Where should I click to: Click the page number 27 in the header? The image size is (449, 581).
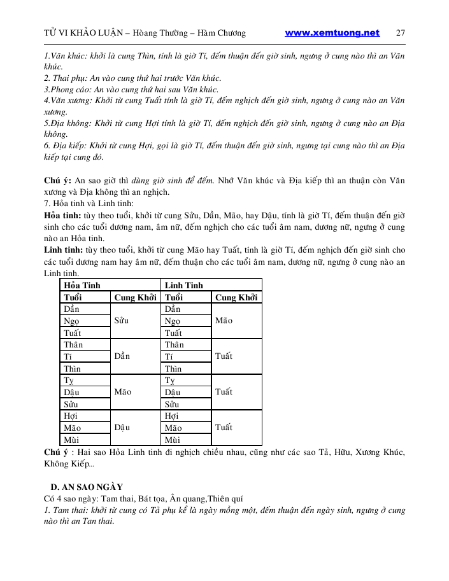[401, 33]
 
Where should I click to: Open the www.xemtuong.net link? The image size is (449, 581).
[332, 33]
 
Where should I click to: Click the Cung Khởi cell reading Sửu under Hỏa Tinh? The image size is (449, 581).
[122, 321]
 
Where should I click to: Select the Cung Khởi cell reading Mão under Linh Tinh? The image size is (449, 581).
[224, 321]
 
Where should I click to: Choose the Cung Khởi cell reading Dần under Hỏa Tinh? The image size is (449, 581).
[122, 356]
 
